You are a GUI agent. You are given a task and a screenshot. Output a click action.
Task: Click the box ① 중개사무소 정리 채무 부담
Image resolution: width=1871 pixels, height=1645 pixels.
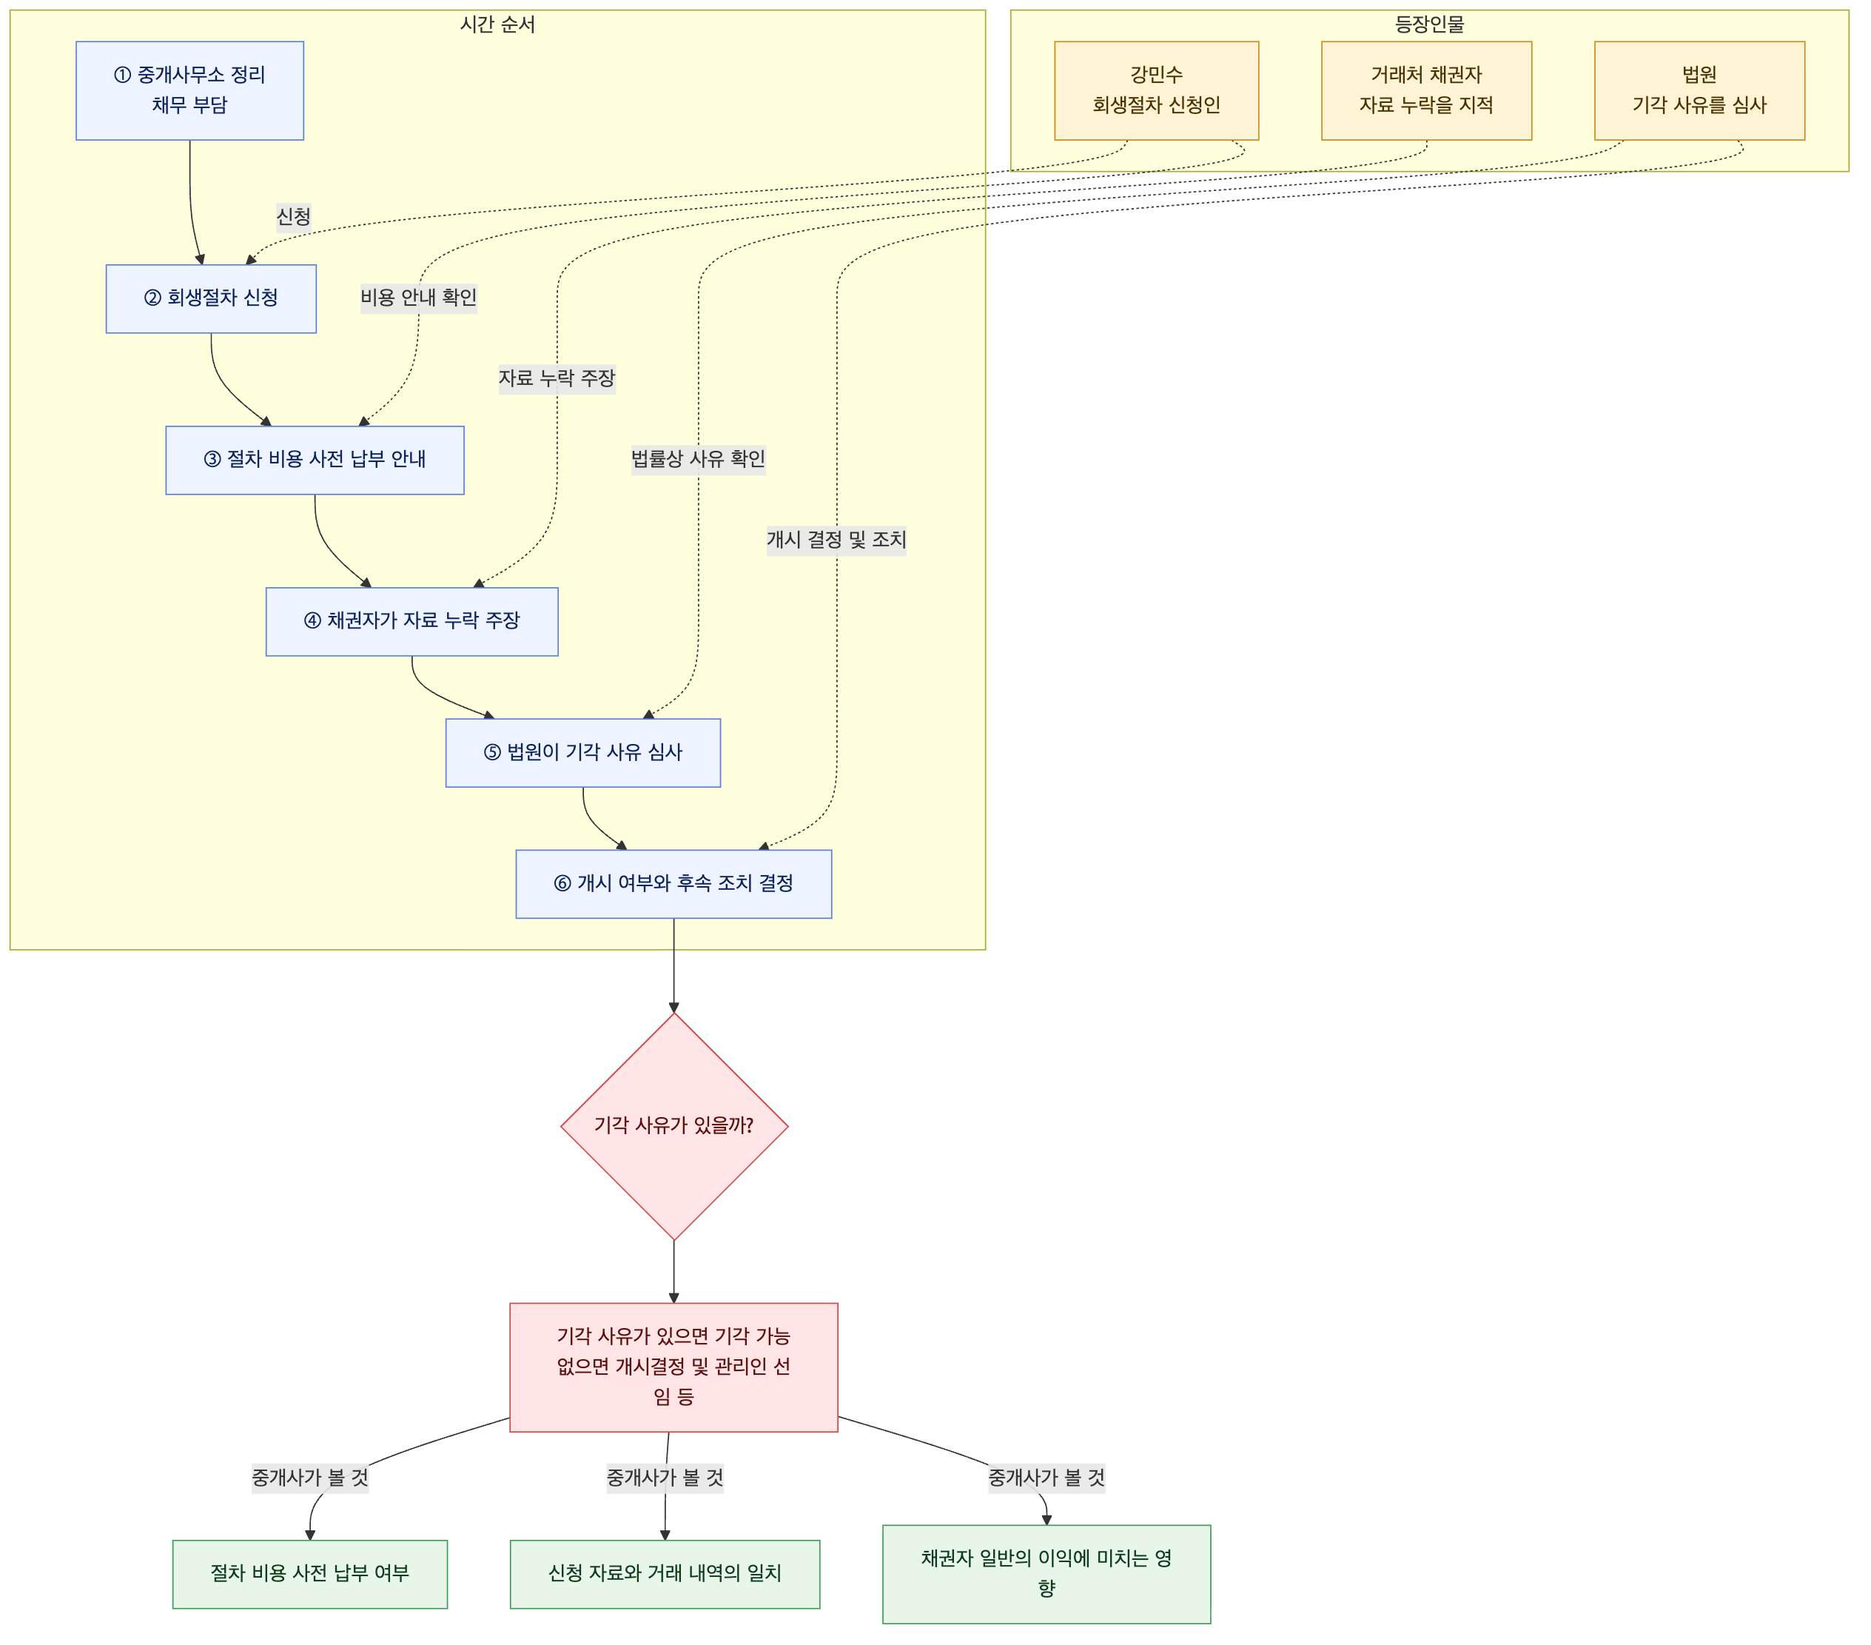click(x=189, y=90)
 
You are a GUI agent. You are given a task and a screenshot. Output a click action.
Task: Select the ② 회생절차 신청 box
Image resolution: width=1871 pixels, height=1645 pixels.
click(x=212, y=298)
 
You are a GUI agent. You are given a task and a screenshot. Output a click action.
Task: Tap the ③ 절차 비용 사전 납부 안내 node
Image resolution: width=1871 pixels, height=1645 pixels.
click(x=315, y=460)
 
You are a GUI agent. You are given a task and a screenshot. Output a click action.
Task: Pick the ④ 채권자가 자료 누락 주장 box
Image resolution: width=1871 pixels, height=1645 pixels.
click(x=412, y=622)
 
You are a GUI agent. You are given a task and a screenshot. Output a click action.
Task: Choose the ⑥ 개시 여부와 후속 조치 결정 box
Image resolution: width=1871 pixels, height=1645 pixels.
click(x=674, y=884)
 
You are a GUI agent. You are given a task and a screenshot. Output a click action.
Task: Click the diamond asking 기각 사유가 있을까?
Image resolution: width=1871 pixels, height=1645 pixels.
click(x=674, y=1126)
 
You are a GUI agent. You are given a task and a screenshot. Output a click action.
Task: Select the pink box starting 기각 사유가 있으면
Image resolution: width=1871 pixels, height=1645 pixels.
click(x=674, y=1367)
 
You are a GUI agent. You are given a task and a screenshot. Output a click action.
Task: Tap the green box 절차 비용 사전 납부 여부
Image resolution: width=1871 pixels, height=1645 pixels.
click(x=310, y=1575)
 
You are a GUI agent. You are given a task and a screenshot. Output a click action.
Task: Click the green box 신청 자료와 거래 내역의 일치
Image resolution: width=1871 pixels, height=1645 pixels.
click(x=665, y=1575)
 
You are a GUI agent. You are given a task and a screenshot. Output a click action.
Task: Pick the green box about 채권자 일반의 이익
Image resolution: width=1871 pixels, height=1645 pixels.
click(x=1047, y=1575)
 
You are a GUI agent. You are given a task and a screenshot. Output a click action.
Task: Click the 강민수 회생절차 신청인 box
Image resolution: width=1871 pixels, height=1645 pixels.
click(x=1156, y=90)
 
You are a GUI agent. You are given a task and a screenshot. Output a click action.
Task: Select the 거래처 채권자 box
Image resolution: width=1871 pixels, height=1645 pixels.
click(x=1426, y=90)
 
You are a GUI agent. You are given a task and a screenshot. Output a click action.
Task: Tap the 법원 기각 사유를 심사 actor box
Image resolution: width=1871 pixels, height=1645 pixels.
click(x=1700, y=90)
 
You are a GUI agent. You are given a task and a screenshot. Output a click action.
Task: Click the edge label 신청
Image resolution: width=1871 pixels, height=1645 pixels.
click(x=294, y=217)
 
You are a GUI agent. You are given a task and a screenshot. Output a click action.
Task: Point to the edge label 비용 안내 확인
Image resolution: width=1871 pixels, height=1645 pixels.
click(x=418, y=298)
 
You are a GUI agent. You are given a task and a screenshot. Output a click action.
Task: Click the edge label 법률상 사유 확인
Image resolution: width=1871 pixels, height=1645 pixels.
click(x=699, y=458)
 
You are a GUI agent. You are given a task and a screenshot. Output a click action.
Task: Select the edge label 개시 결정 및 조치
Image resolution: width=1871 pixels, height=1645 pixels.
click(x=836, y=540)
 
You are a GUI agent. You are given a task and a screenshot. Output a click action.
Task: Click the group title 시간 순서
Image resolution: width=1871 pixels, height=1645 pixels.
click(x=498, y=24)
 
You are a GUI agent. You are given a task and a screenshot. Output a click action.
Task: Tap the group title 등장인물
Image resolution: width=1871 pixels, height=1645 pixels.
click(x=1430, y=24)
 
